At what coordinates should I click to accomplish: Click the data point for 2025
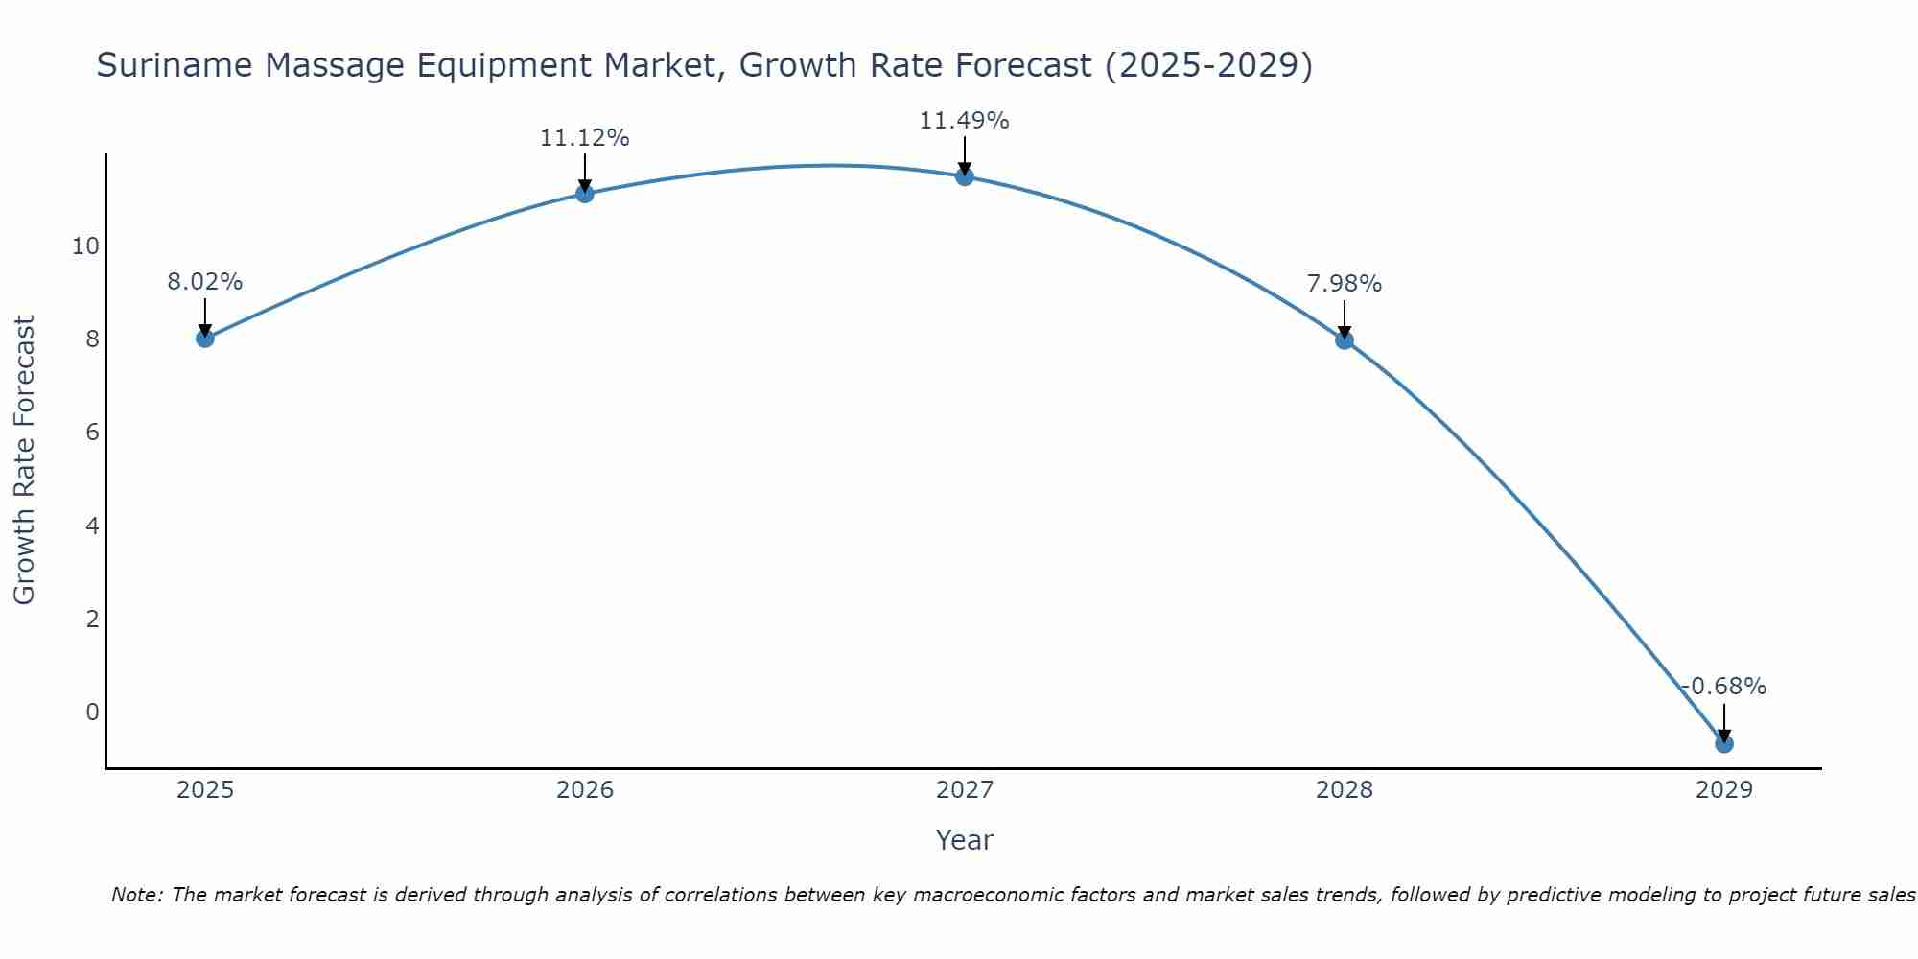coord(204,338)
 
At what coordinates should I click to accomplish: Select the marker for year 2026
coord(584,194)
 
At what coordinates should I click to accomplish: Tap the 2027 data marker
coord(964,176)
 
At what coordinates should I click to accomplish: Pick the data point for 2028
coord(1344,339)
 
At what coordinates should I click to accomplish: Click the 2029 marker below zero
coord(1723,743)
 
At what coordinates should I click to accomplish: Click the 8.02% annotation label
coord(204,282)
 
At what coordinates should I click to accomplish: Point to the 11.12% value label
coord(584,138)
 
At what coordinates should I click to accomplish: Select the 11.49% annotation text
coord(964,121)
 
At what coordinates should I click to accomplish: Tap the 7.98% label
coord(1344,284)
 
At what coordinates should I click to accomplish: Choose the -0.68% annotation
coord(1723,687)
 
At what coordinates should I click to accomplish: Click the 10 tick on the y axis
coord(85,246)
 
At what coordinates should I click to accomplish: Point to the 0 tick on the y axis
coord(92,712)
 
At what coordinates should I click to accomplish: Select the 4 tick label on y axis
coord(92,526)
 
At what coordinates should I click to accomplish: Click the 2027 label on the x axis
coord(964,790)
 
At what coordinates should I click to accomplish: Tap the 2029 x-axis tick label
coord(1723,790)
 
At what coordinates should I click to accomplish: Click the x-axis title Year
coord(964,840)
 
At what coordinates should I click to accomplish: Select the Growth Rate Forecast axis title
coord(24,460)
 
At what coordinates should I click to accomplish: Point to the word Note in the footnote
coord(136,895)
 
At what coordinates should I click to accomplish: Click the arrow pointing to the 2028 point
coord(1344,318)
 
